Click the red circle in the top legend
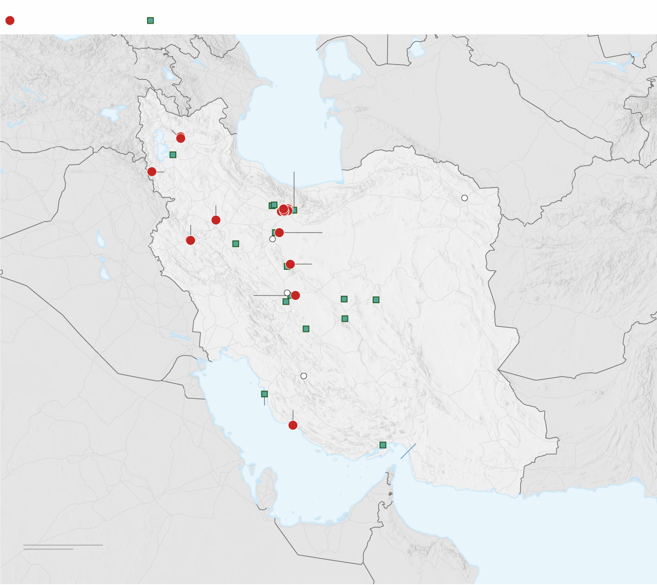point(10,20)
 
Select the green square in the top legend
point(150,20)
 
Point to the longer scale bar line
point(63,545)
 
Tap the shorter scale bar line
point(48,549)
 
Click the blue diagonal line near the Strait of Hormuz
point(408,451)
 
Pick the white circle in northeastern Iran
point(464,198)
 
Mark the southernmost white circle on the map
point(303,376)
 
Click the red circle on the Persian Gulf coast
point(293,425)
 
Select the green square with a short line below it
point(264,394)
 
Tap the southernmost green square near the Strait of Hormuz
point(383,445)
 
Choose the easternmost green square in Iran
point(376,299)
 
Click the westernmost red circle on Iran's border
point(152,172)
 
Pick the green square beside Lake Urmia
point(173,155)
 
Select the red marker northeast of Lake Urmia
point(181,138)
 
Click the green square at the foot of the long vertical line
point(294,210)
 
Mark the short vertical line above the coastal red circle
point(293,415)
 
